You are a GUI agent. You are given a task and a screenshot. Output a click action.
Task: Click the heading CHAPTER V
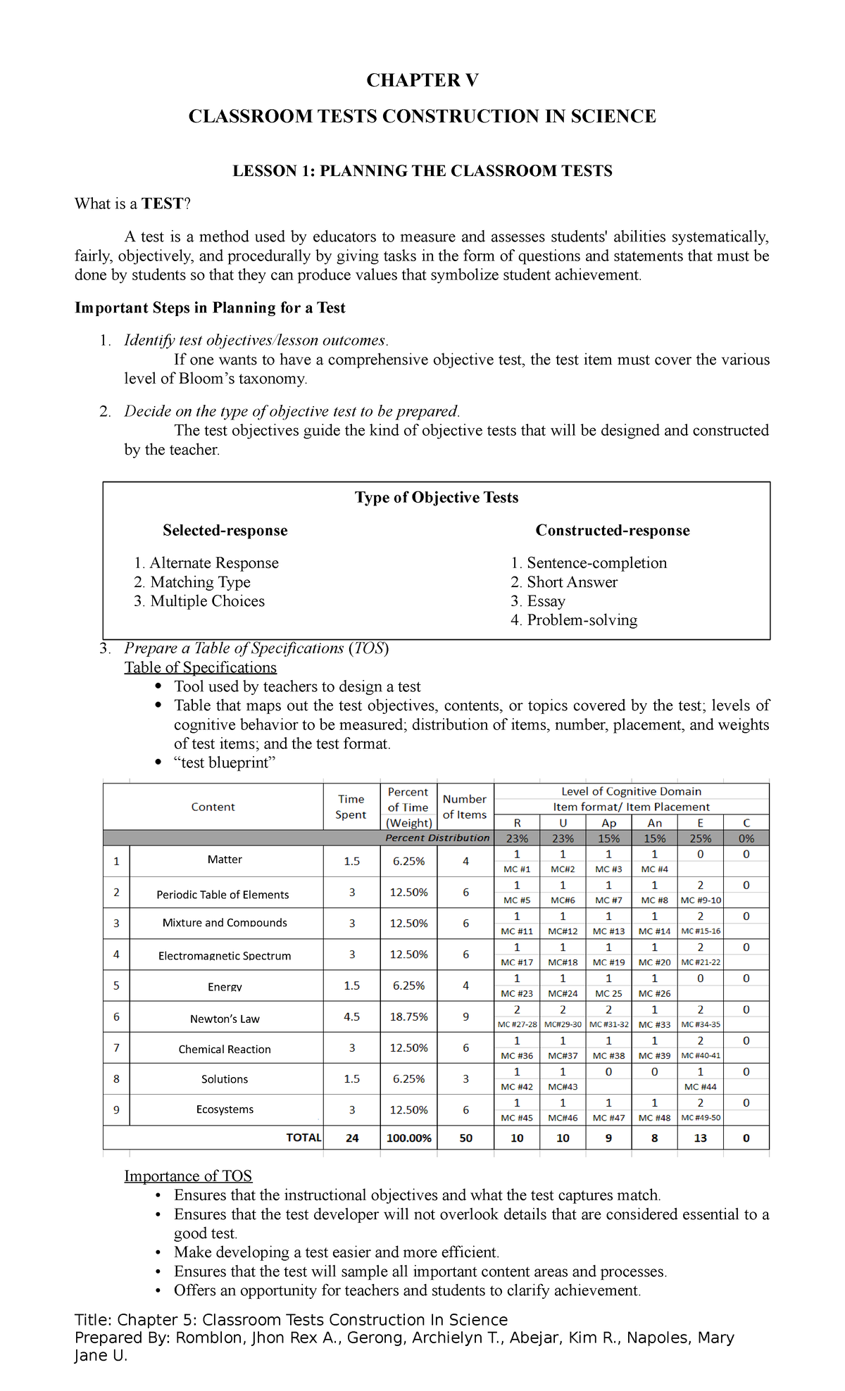[423, 80]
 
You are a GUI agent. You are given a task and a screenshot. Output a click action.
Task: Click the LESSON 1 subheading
[423, 171]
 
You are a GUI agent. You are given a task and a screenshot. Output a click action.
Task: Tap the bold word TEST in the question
[162, 204]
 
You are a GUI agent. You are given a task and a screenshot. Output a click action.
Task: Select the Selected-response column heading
[225, 530]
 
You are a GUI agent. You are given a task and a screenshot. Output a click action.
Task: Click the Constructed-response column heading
[613, 530]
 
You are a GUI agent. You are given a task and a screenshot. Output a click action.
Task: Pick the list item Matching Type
[200, 582]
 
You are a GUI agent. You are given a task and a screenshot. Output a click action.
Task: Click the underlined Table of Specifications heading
[201, 667]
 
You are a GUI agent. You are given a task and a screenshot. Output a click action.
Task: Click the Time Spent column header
[351, 807]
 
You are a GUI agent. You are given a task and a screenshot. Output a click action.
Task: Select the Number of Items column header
[465, 807]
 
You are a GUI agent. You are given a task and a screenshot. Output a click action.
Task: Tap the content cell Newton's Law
[225, 1019]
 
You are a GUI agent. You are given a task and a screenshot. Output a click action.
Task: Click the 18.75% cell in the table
[408, 1016]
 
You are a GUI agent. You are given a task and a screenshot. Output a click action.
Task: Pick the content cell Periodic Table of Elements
[223, 895]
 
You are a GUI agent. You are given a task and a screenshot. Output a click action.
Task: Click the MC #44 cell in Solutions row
[700, 1087]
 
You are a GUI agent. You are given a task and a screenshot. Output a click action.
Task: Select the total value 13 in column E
[700, 1138]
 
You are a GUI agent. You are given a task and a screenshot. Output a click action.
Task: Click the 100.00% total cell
[408, 1138]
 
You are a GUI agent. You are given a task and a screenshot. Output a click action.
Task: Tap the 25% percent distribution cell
[700, 838]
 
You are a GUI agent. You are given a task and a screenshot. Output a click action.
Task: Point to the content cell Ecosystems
[225, 1109]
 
